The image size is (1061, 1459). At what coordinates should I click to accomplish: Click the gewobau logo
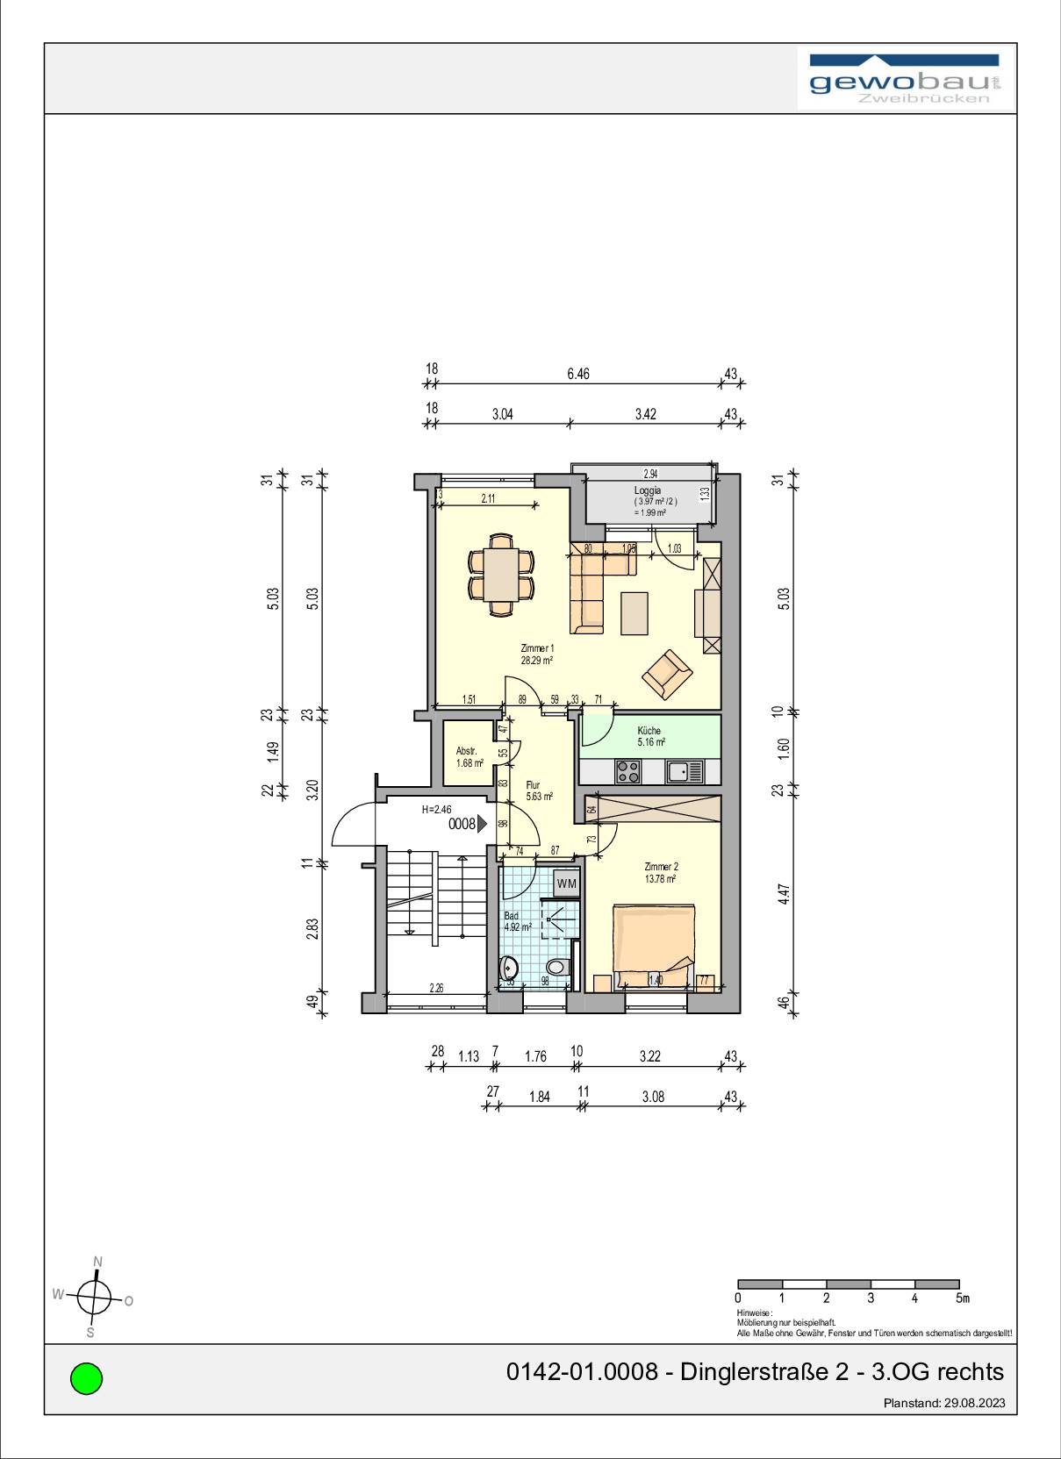(904, 80)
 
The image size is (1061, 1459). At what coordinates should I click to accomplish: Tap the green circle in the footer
(86, 1377)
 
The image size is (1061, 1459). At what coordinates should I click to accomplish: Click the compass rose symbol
(94, 1296)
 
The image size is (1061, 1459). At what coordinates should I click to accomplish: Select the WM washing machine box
(567, 883)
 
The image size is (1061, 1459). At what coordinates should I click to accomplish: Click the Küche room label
(649, 730)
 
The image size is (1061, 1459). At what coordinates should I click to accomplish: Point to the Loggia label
(648, 491)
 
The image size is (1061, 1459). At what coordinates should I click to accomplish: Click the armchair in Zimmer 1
(668, 675)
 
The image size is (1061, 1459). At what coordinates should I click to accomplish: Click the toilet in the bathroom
(557, 968)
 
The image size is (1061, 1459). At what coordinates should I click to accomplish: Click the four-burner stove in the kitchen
(627, 772)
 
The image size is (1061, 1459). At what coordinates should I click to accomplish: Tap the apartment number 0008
(462, 824)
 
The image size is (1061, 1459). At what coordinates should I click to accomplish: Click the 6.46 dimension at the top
(578, 374)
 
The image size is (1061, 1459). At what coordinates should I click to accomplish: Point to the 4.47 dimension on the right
(785, 893)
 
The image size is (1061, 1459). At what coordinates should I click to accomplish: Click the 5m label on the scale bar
(963, 1298)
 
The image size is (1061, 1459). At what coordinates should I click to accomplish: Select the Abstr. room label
(466, 751)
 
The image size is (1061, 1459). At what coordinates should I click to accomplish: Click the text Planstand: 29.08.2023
(943, 1403)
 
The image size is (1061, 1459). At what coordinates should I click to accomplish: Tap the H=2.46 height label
(436, 810)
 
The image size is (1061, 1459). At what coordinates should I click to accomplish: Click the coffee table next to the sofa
(634, 613)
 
